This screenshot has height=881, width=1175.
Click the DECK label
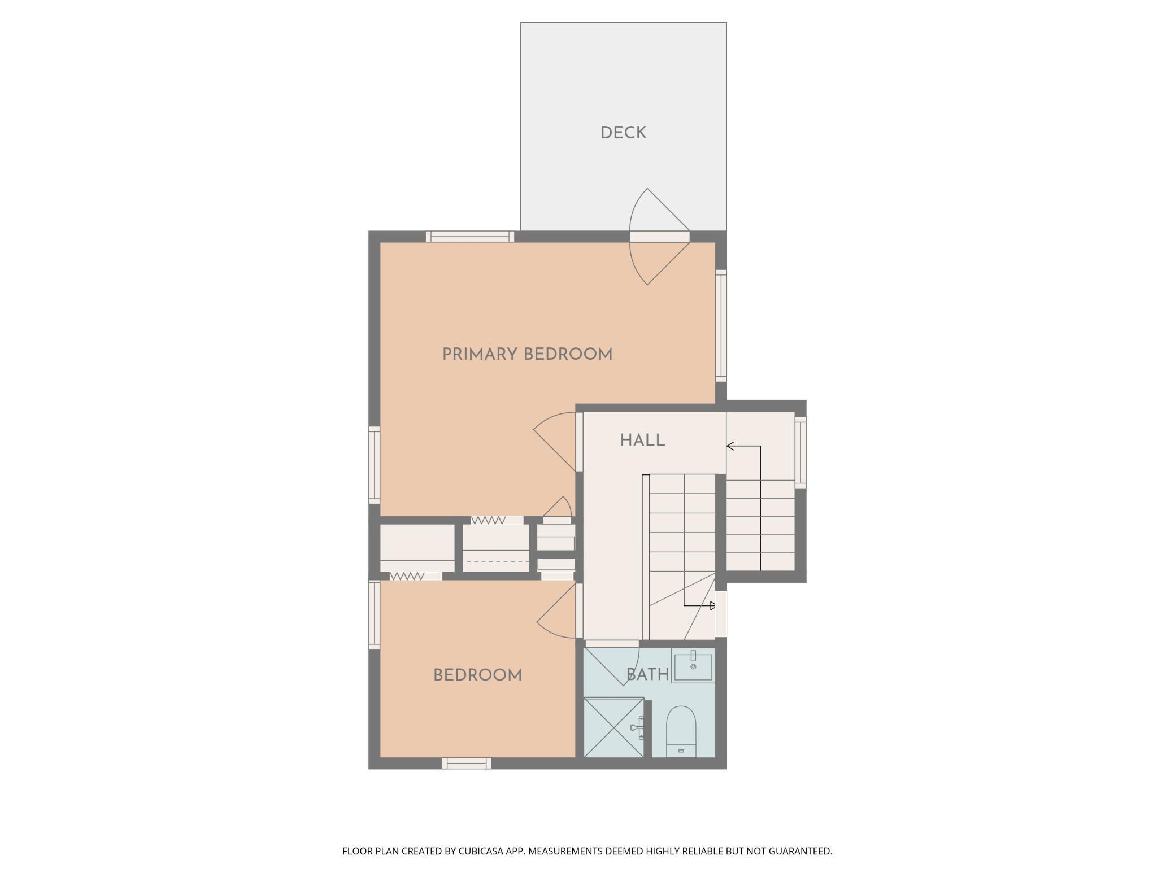click(x=623, y=133)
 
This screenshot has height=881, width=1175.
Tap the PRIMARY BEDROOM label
click(x=527, y=355)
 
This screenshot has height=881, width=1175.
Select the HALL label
click(x=642, y=440)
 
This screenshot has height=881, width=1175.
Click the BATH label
click(x=647, y=674)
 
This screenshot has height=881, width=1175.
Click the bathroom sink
click(x=693, y=666)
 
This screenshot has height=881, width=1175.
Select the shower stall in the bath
click(x=613, y=727)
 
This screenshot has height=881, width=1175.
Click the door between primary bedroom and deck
click(x=659, y=237)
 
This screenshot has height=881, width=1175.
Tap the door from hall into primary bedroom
click(x=578, y=442)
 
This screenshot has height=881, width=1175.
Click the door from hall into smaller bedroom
click(x=578, y=610)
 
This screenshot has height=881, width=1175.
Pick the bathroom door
click(x=612, y=644)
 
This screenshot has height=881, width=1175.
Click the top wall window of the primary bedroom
click(x=469, y=237)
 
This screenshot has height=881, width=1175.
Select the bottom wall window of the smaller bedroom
click(x=467, y=764)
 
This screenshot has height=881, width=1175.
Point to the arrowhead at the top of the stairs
click(x=730, y=447)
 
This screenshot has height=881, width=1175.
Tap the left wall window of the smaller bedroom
click(x=374, y=614)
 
